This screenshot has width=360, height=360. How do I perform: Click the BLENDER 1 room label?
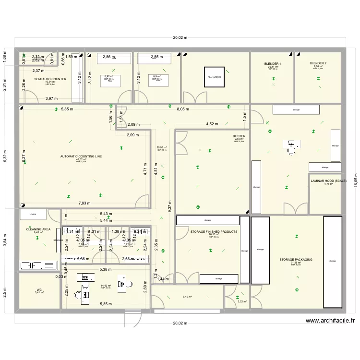273,63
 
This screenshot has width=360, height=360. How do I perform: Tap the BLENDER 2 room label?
318,63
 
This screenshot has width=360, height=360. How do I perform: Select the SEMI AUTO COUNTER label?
50,79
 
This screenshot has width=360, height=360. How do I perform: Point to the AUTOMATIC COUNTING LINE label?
81,156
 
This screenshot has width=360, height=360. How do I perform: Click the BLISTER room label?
239,136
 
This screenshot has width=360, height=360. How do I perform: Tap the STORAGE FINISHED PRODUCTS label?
214,232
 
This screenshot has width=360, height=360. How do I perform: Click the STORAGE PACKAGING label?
296,260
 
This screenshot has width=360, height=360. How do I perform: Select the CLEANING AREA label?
38,229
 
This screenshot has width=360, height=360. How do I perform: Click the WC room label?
39,289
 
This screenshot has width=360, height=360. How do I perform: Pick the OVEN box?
33,215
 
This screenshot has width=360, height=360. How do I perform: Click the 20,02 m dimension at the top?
180,38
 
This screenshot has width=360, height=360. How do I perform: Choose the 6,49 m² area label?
187,297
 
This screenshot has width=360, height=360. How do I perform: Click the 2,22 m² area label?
242,301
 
